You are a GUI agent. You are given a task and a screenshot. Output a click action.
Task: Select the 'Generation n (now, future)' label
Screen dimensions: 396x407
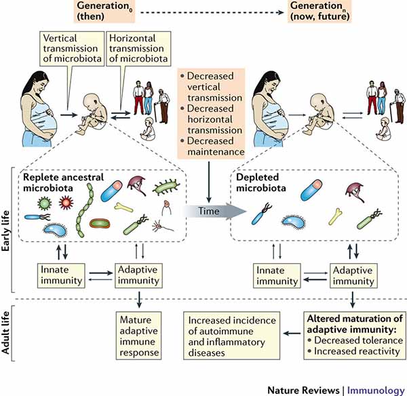317,12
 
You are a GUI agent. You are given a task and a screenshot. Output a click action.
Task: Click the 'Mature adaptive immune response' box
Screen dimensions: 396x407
138,334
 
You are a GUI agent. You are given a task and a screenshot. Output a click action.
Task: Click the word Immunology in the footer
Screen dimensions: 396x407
376,389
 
